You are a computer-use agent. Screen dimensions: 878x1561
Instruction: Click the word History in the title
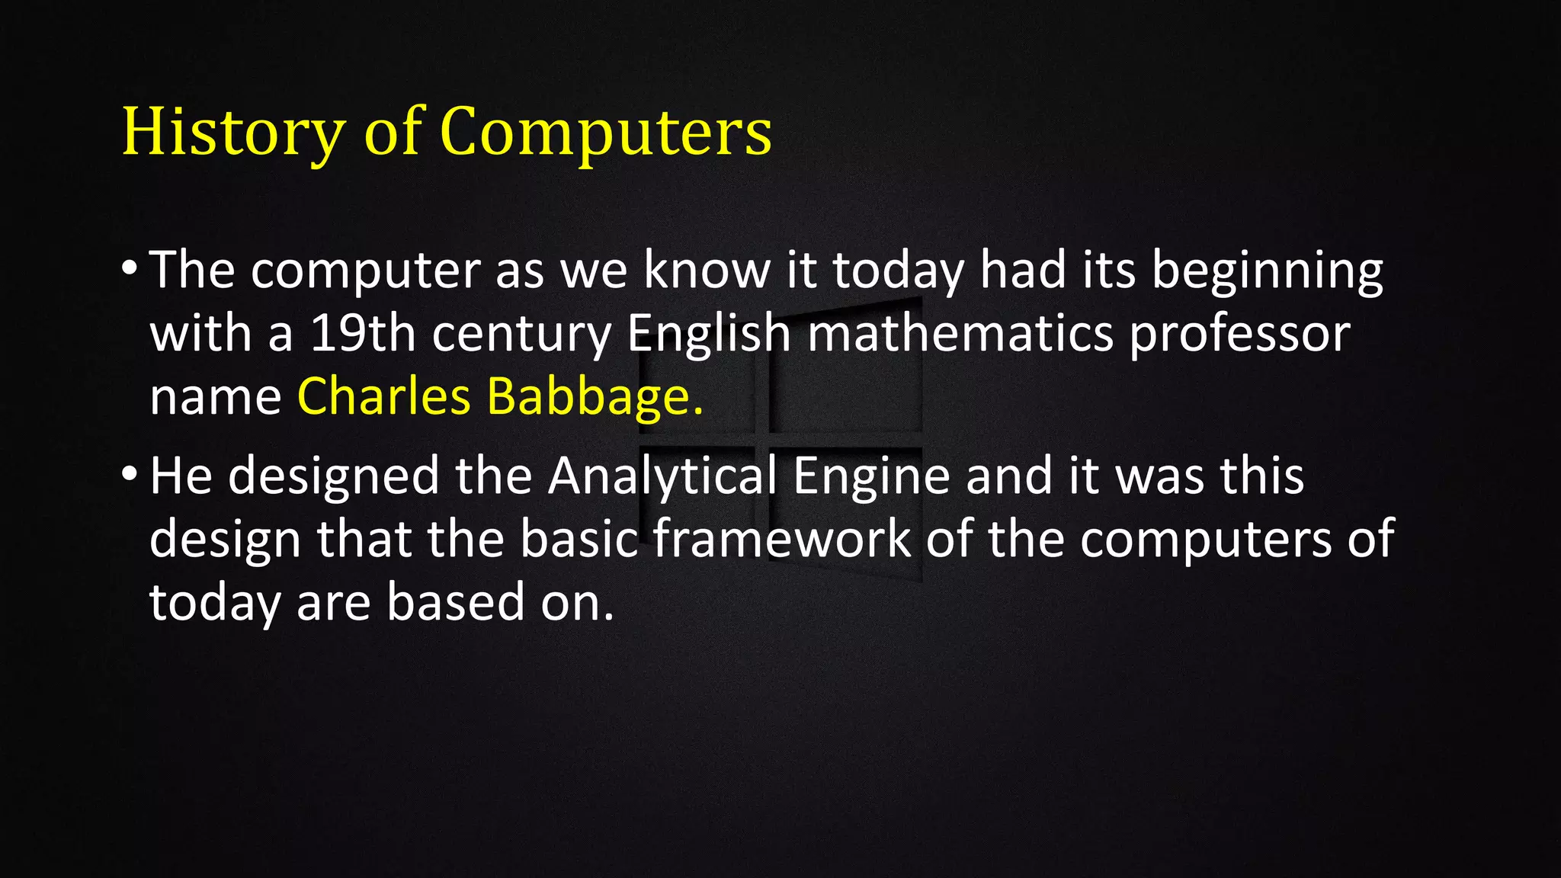point(233,132)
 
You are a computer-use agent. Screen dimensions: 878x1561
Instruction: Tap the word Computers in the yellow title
point(606,132)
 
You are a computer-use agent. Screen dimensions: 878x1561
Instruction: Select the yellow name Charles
point(384,396)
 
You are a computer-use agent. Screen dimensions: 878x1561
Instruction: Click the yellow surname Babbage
point(588,396)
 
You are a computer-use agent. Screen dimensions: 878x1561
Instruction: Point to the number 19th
point(362,333)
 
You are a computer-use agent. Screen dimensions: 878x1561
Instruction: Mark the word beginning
point(1267,271)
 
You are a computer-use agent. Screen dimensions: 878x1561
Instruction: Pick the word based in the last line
point(456,602)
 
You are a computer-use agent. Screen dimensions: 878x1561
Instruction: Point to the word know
point(707,270)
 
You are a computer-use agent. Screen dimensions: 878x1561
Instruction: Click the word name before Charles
point(216,398)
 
